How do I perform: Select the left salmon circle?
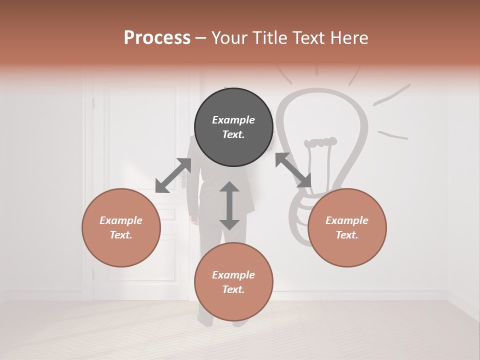pyautogui.click(x=121, y=227)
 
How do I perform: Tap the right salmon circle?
pyautogui.click(x=347, y=227)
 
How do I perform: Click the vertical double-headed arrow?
pyautogui.click(x=229, y=205)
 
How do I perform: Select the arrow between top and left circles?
pyautogui.click(x=173, y=175)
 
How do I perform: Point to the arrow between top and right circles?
pyautogui.click(x=293, y=170)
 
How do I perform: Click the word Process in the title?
pyautogui.click(x=157, y=38)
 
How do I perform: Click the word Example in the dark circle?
pyautogui.click(x=233, y=120)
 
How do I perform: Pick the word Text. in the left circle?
pyautogui.click(x=121, y=235)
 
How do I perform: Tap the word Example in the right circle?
pyautogui.click(x=347, y=220)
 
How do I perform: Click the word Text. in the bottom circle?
pyautogui.click(x=233, y=289)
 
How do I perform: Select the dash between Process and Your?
pyautogui.click(x=201, y=38)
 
